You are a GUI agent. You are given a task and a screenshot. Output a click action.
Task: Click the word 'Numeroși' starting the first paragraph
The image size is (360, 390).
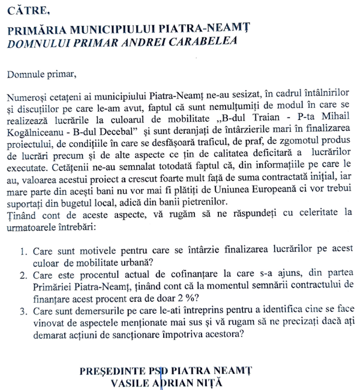coord(30,97)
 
